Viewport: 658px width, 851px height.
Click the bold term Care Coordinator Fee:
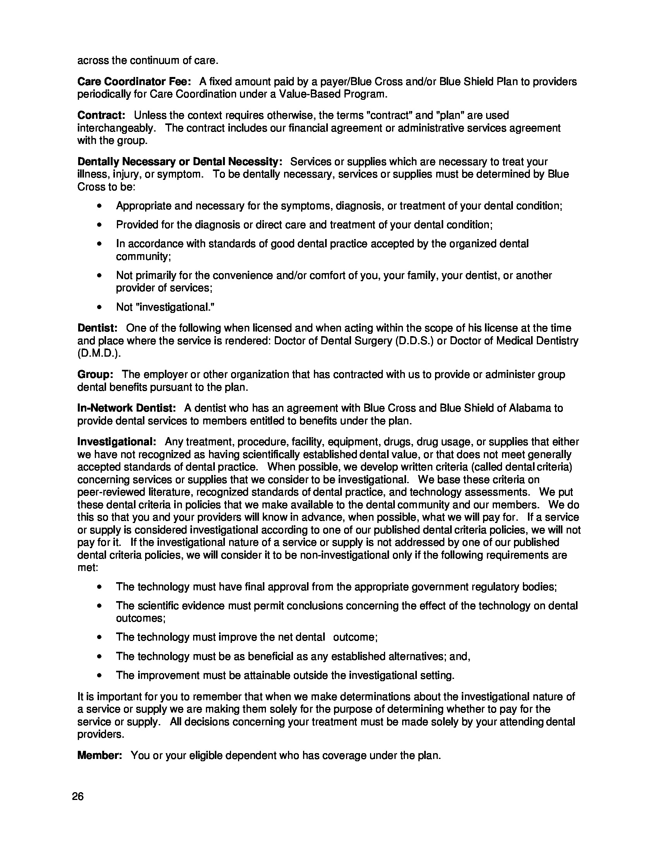click(134, 82)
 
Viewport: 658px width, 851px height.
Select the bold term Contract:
click(101, 115)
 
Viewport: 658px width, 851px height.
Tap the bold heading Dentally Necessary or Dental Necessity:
click(180, 162)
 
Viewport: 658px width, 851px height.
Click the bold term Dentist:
click(98, 328)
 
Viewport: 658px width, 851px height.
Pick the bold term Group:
click(96, 374)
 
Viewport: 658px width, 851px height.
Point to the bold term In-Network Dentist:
click(127, 408)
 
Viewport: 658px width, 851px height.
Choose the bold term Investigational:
click(117, 442)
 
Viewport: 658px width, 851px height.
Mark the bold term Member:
click(100, 755)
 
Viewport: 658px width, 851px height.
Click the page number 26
click(78, 796)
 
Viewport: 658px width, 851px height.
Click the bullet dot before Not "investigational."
click(100, 308)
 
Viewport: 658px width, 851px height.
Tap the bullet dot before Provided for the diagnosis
click(100, 225)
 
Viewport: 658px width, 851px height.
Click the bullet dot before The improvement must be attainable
click(100, 675)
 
